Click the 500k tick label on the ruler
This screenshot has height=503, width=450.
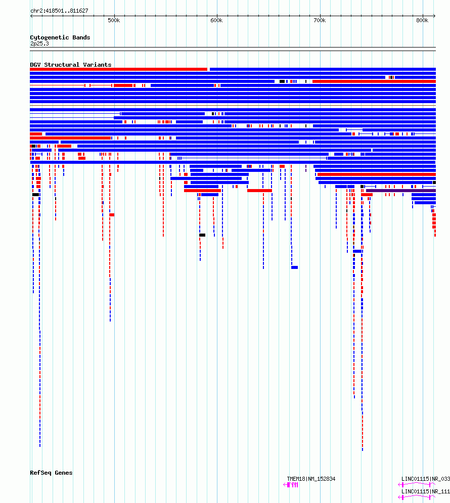pyautogui.click(x=114, y=21)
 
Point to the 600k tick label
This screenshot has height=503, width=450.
pyautogui.click(x=216, y=21)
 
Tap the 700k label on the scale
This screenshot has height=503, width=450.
pyautogui.click(x=320, y=21)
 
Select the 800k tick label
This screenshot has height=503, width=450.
pyautogui.click(x=422, y=21)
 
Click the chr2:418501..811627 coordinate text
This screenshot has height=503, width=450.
pyautogui.click(x=59, y=11)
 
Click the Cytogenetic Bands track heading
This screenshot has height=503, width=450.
pyautogui.click(x=60, y=37)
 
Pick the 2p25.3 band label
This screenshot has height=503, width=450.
pyautogui.click(x=40, y=43)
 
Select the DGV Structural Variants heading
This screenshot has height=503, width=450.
pyautogui.click(x=71, y=65)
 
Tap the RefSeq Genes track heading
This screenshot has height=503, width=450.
pyautogui.click(x=51, y=473)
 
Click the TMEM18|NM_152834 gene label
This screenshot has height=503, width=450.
pyautogui.click(x=311, y=479)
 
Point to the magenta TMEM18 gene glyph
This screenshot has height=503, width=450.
pyautogui.click(x=291, y=485)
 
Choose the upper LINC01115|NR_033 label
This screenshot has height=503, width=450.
pyautogui.click(x=426, y=479)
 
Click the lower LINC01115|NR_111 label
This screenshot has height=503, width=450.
pyautogui.click(x=426, y=491)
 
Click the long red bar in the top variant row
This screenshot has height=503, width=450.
pyautogui.click(x=119, y=69)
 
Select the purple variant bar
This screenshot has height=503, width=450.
pyautogui.click(x=401, y=191)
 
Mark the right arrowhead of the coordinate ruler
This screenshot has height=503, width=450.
pyautogui.click(x=435, y=16)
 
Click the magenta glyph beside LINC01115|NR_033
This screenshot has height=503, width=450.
pyautogui.click(x=417, y=484)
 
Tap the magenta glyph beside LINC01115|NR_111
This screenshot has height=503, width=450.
pyautogui.click(x=417, y=497)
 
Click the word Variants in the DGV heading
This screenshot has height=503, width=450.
pyautogui.click(x=97, y=65)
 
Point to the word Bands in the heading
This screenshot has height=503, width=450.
pyautogui.click(x=81, y=37)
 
